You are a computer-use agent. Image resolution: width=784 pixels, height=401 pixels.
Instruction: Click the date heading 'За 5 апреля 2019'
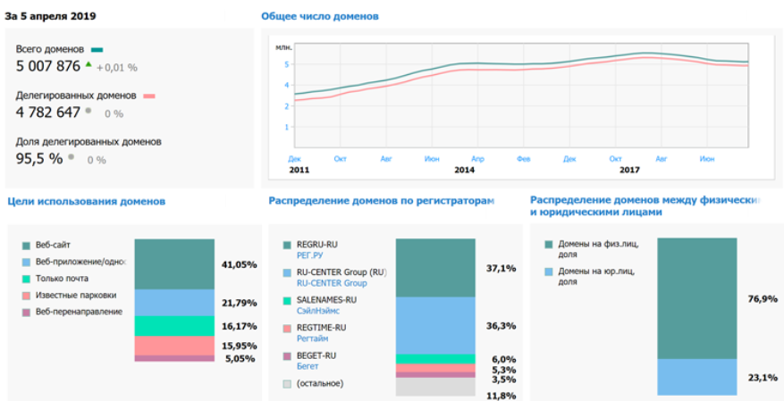tap(51, 16)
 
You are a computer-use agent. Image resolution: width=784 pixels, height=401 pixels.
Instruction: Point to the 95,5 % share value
tap(39, 158)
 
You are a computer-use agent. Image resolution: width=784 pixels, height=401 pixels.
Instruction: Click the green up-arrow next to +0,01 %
tap(89, 65)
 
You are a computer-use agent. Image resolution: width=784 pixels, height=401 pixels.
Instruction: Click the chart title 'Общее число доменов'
tap(319, 16)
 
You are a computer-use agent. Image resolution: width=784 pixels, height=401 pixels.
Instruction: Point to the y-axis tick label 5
tap(286, 64)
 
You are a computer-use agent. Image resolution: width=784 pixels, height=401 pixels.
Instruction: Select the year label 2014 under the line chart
tap(464, 169)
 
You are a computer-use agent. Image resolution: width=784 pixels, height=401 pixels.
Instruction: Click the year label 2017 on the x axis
tap(629, 169)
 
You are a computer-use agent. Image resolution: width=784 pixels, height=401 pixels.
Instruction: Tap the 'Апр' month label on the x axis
tap(477, 158)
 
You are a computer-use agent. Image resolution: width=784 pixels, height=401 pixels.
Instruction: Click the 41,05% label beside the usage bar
tap(239, 264)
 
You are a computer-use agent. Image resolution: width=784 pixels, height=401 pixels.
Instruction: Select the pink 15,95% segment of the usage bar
tap(174, 345)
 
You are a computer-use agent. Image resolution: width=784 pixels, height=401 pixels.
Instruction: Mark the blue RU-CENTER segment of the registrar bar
tap(435, 325)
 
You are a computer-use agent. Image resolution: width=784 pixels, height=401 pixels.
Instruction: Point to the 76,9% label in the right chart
tap(761, 298)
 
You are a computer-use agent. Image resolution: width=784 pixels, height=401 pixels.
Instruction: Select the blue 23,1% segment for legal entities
tap(696, 376)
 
